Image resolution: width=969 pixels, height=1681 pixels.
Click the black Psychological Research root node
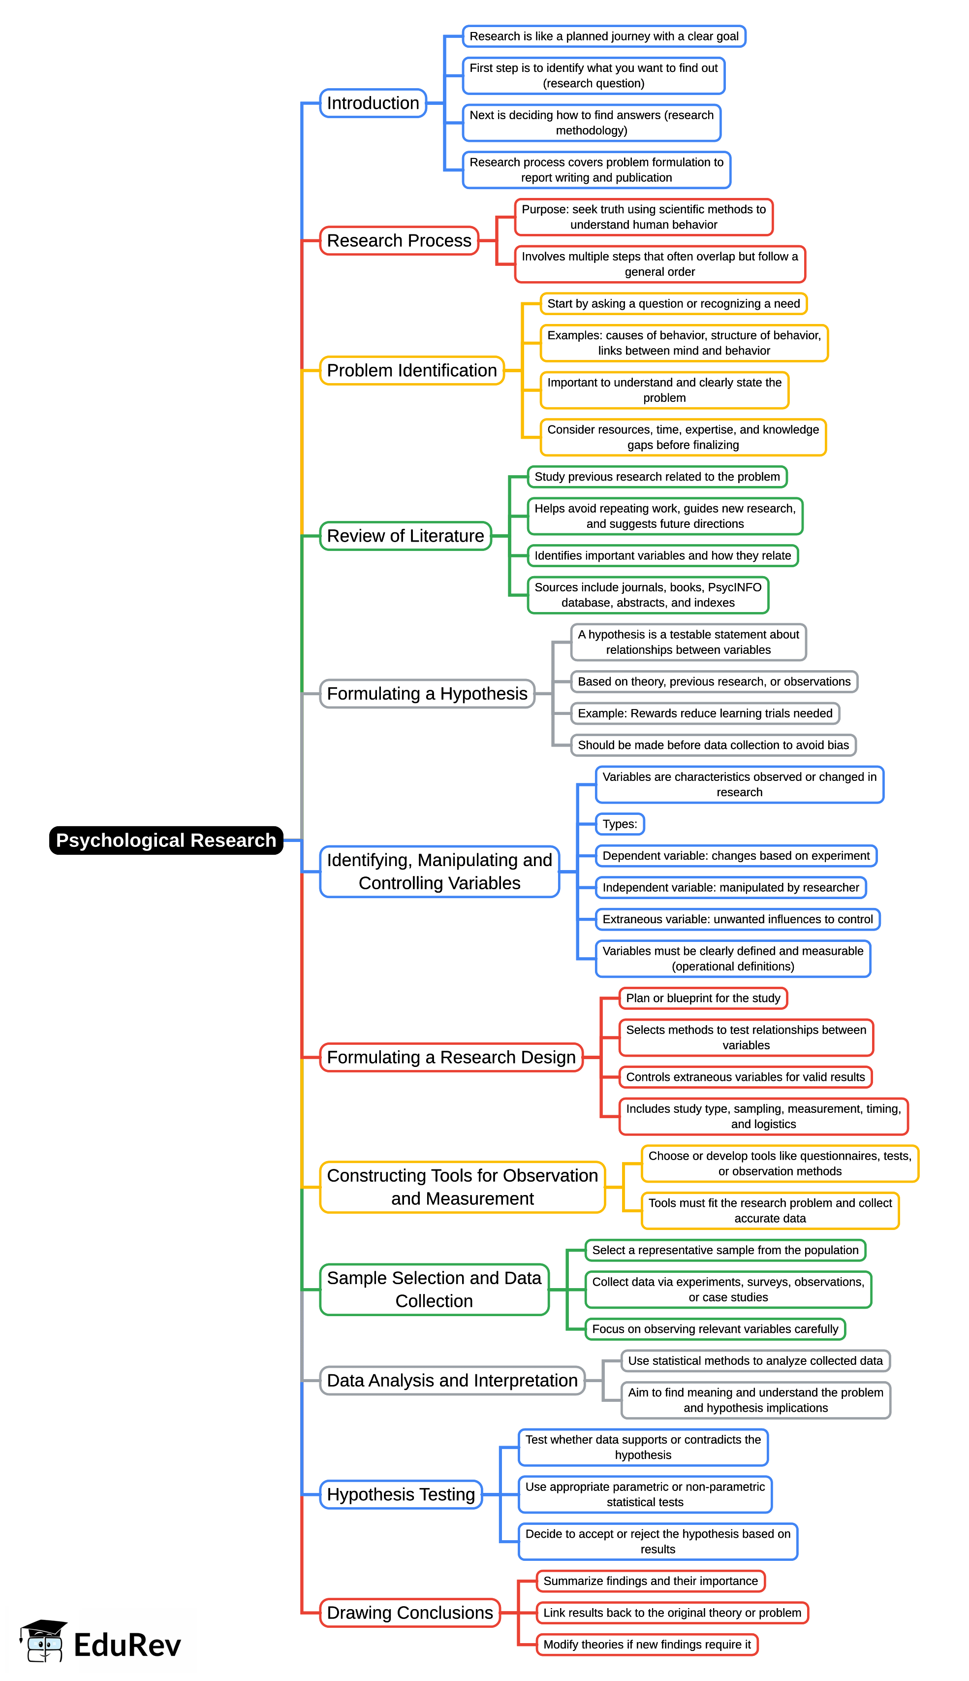[166, 840]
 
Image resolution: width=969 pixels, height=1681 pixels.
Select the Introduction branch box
[373, 103]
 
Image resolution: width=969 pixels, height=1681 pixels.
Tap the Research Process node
[399, 240]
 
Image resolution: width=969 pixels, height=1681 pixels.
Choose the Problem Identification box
[411, 370]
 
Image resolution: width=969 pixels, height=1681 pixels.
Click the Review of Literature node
[406, 536]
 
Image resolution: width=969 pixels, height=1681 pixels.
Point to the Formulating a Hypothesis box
[427, 694]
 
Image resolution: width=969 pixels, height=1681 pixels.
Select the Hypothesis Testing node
[401, 1494]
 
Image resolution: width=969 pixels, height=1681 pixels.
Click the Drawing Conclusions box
[409, 1613]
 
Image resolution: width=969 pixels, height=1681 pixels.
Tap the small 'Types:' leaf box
[620, 824]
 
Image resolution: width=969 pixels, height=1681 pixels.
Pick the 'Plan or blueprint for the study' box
[703, 998]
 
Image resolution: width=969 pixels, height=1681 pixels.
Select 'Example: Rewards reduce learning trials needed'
[705, 713]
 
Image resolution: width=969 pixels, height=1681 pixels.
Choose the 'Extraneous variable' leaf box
[737, 919]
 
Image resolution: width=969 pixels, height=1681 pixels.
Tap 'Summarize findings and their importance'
[650, 1581]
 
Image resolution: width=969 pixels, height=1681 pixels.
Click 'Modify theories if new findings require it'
[647, 1645]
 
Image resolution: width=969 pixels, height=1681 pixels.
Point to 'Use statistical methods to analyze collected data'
[755, 1361]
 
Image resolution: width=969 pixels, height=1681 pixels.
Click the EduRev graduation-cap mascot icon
[43, 1641]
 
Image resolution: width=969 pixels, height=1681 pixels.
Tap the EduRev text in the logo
[127, 1645]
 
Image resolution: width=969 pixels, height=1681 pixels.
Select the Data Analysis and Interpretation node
[452, 1381]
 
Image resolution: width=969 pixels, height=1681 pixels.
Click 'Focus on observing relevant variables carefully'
[715, 1329]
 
